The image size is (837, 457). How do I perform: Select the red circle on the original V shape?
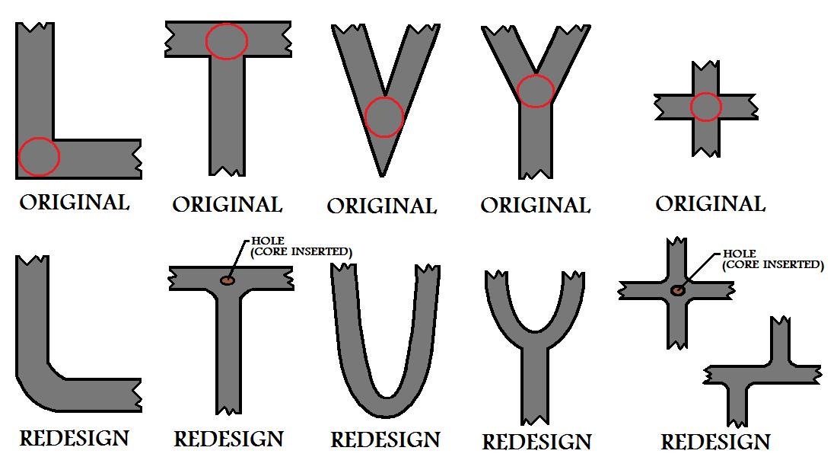tap(366, 117)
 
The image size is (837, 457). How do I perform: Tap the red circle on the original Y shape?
tap(517, 91)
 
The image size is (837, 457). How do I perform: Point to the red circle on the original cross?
tap(691, 107)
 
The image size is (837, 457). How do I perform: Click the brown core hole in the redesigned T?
tap(228, 280)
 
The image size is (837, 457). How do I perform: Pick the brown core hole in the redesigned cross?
tap(678, 290)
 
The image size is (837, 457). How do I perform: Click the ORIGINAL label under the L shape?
tap(75, 203)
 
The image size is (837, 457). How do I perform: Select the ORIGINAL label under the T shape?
tap(227, 205)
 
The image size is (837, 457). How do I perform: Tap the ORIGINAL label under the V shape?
tap(382, 206)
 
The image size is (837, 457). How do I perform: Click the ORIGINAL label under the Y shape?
tap(536, 205)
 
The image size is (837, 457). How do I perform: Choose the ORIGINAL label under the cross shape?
tap(711, 203)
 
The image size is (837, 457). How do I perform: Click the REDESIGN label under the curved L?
tap(75, 438)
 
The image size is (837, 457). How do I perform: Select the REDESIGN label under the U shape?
tap(386, 440)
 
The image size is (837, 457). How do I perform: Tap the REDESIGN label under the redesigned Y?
tap(537, 442)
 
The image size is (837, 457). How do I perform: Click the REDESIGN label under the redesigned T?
tap(228, 439)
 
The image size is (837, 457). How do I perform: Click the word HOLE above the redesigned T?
tap(268, 241)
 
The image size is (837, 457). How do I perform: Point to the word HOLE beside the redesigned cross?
tap(740, 254)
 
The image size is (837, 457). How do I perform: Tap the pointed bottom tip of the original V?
tap(382, 176)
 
